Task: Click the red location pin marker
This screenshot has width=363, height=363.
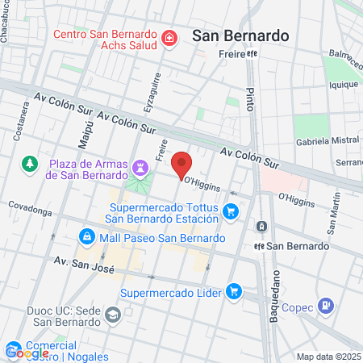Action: pyautogui.click(x=182, y=164)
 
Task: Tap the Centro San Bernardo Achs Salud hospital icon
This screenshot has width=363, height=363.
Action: pyautogui.click(x=169, y=37)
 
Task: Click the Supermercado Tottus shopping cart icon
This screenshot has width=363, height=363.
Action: pyautogui.click(x=231, y=211)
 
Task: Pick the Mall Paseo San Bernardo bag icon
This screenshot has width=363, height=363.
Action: pyautogui.click(x=86, y=238)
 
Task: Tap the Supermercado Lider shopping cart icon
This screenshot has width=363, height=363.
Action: pyautogui.click(x=234, y=290)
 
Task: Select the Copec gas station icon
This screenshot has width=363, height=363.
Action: pyautogui.click(x=325, y=306)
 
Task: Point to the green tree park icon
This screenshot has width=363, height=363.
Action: pyautogui.click(x=30, y=165)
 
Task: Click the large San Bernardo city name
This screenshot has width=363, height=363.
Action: pyautogui.click(x=240, y=35)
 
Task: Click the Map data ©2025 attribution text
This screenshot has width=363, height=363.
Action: pyautogui.click(x=328, y=357)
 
